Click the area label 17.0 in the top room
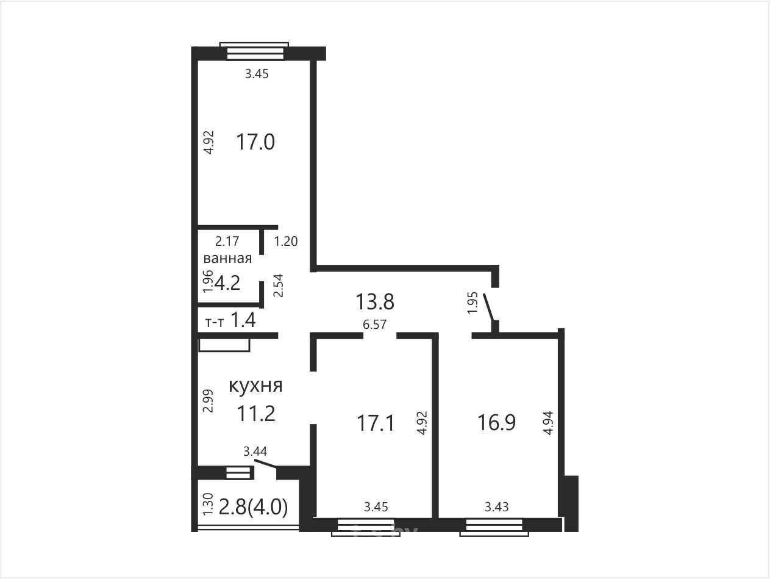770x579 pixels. (x=255, y=142)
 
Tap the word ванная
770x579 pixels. (x=227, y=258)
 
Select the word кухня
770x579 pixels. (x=255, y=386)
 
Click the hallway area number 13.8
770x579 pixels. (x=375, y=301)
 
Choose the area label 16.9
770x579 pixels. (x=496, y=422)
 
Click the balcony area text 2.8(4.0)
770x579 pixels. (x=253, y=507)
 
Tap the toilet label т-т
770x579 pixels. (x=214, y=322)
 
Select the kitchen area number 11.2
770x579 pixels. (x=256, y=413)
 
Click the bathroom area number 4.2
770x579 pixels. (x=227, y=282)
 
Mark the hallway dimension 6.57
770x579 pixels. (x=375, y=324)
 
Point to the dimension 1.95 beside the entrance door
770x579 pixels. (x=472, y=303)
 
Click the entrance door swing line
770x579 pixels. (x=489, y=307)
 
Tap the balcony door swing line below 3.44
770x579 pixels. (x=265, y=464)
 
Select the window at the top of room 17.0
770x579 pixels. (x=254, y=51)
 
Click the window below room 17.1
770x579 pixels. (x=366, y=527)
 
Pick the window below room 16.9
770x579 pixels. (x=494, y=527)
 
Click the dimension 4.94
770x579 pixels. (x=548, y=423)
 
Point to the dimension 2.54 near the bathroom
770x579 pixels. (x=278, y=286)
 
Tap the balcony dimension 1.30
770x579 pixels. (x=208, y=504)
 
